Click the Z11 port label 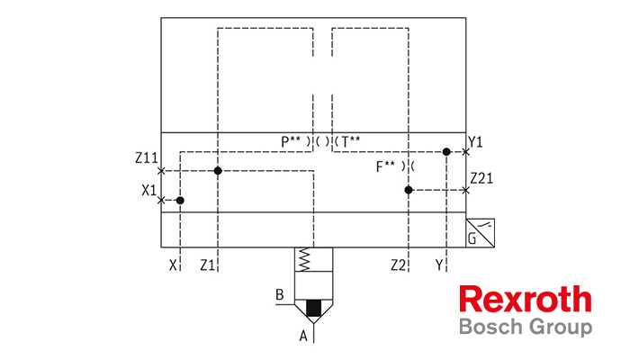click(x=147, y=157)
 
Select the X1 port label click(x=149, y=190)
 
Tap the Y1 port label click(x=476, y=142)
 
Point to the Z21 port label click(x=481, y=177)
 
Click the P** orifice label click(x=291, y=141)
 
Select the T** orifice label click(x=351, y=141)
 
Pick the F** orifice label click(x=385, y=166)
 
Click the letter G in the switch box click(x=472, y=239)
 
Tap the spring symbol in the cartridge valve click(x=304, y=259)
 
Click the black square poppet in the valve click(x=314, y=308)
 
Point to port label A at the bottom click(x=303, y=336)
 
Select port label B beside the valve click(x=280, y=294)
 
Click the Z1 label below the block click(x=208, y=265)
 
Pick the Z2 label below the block click(x=398, y=265)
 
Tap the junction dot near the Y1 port click(x=446, y=152)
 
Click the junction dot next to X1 click(x=180, y=200)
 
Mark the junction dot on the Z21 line click(x=409, y=190)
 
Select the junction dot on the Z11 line click(x=218, y=171)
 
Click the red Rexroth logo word click(x=526, y=299)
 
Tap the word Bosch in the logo click(x=491, y=326)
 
